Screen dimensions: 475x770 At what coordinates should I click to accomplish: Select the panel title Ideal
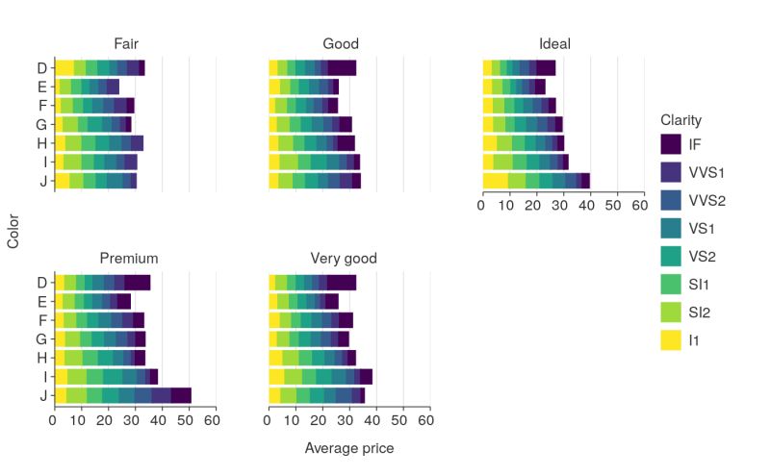[554, 44]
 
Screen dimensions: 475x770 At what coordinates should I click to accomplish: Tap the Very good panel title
[343, 259]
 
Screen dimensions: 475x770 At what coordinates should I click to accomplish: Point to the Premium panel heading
[129, 259]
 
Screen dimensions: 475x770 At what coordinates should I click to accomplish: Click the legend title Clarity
[680, 120]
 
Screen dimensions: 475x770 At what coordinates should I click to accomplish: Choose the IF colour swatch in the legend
[673, 144]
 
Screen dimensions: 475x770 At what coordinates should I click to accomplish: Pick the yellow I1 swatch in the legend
[673, 339]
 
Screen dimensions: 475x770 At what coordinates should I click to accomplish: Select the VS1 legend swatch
[673, 228]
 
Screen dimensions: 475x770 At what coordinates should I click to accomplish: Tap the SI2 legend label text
[701, 312]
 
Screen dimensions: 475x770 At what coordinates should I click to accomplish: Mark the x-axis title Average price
[348, 448]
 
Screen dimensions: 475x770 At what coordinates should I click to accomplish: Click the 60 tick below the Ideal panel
[637, 206]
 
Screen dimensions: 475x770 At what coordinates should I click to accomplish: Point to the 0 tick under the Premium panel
[53, 420]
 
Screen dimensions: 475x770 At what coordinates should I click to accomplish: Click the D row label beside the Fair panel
[41, 67]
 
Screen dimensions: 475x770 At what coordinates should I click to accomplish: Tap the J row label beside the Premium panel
[41, 395]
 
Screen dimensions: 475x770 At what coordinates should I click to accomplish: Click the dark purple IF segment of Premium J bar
[181, 395]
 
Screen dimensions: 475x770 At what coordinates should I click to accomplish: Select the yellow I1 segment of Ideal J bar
[495, 181]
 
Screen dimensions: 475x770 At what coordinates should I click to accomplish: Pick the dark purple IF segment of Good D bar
[342, 67]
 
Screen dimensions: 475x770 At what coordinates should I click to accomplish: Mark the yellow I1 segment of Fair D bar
[64, 67]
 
